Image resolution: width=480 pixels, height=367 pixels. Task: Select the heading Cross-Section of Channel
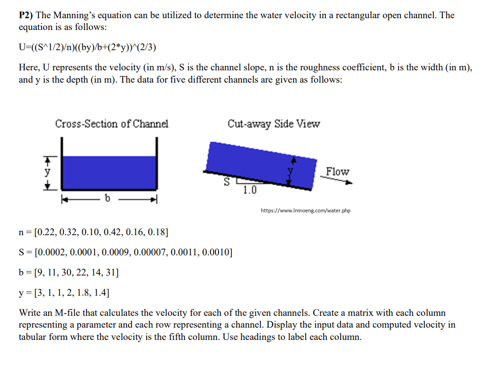111,123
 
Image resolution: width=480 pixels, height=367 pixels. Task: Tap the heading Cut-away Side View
274,123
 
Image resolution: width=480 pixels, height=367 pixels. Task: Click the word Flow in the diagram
337,172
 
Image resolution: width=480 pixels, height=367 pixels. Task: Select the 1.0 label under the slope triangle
250,190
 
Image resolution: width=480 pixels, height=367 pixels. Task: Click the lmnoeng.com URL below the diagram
305,211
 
